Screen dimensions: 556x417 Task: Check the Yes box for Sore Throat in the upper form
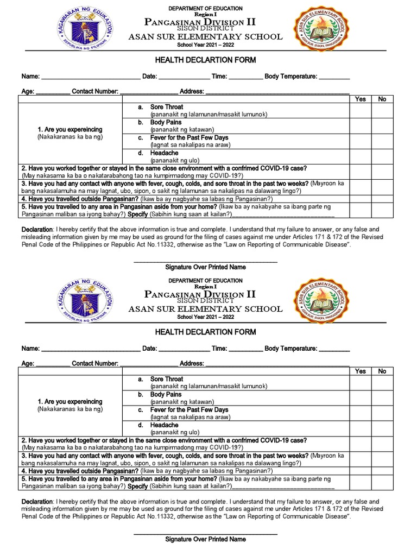(360, 111)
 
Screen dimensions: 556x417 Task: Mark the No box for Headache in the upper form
(382, 157)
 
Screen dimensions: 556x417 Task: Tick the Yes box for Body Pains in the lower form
(360, 398)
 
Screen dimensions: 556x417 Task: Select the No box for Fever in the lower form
(382, 413)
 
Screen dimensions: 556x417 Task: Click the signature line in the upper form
(205, 261)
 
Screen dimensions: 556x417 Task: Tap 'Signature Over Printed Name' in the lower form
(205, 539)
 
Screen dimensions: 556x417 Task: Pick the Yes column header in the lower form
(360, 371)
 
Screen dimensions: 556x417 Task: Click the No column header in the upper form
(382, 99)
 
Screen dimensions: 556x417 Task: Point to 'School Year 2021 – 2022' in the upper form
(205, 45)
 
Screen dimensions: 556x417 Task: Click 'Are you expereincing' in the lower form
(70, 402)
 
